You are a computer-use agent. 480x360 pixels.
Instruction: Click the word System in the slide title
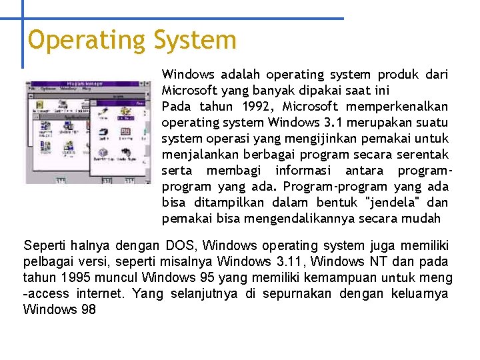pyautogui.click(x=195, y=40)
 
